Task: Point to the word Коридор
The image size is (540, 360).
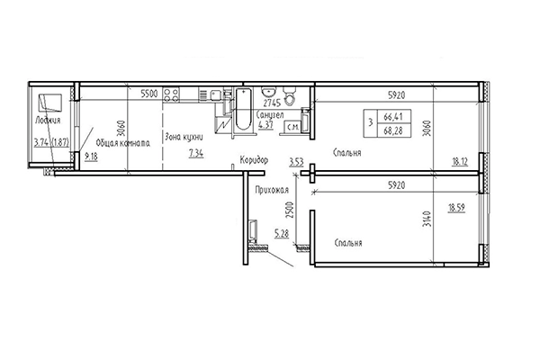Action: [254, 160]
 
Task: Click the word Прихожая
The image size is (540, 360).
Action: [272, 189]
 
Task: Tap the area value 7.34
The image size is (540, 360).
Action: [195, 154]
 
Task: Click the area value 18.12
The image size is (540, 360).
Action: [459, 163]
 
